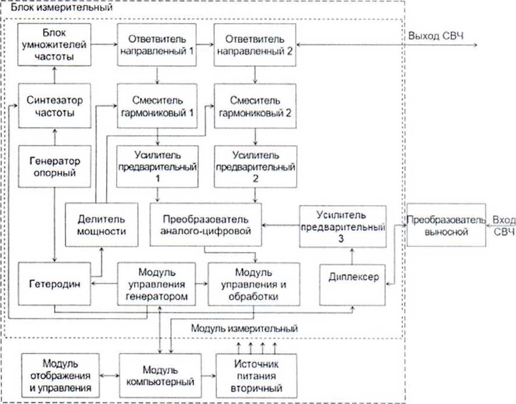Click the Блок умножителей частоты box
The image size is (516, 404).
coord(54,45)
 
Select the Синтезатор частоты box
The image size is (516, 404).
coord(55,106)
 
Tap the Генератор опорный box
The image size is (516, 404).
coord(54,167)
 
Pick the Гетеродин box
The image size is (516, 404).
coord(54,284)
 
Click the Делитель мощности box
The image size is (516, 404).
coord(101,224)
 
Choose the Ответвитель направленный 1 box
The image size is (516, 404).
coord(157,45)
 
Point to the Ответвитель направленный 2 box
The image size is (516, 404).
coord(255,45)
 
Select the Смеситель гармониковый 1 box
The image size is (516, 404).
coord(157,106)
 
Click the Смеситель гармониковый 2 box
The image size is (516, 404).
coord(255,106)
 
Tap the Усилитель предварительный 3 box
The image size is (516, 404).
coord(343,226)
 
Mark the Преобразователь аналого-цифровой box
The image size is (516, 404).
coord(206,224)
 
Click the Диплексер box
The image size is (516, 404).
coord(352,285)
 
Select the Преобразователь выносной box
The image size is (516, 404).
coord(446,224)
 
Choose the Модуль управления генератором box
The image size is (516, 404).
coord(157,284)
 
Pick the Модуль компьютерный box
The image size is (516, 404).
coord(160,375)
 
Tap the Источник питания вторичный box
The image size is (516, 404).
coord(257,375)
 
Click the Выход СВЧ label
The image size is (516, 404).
coord(436,36)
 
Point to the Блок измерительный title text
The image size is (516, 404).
coord(62,7)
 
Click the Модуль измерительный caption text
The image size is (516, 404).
coord(244,328)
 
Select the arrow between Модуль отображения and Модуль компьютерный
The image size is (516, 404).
coord(109,375)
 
